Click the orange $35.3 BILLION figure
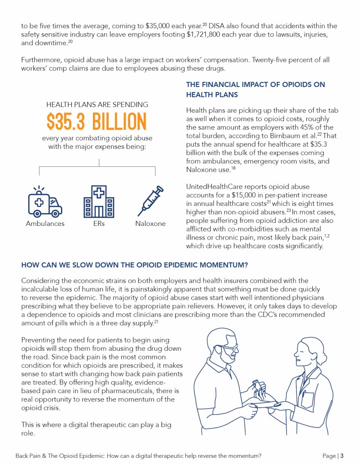[x=97, y=121]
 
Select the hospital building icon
[x=98, y=202]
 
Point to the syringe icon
[x=150, y=201]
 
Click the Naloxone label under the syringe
[x=150, y=224]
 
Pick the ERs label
[x=99, y=224]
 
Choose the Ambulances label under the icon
[x=45, y=224]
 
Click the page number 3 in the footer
[x=341, y=456]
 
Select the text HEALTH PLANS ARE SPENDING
[x=97, y=105]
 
